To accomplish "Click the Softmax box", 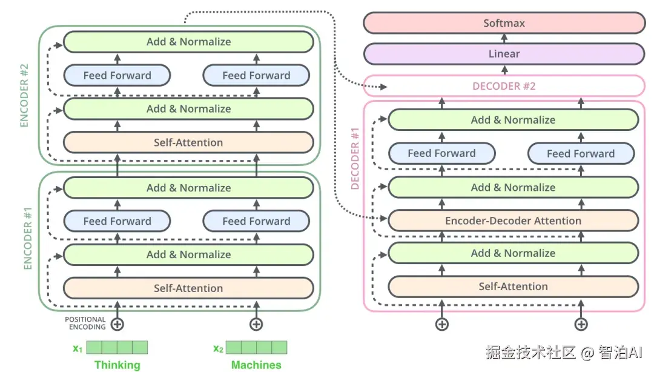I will [504, 23].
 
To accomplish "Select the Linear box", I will [504, 54].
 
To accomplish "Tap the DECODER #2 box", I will [504, 86].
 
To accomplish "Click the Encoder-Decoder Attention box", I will [513, 221].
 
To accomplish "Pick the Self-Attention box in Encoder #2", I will [188, 143].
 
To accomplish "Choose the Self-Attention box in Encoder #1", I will [188, 288].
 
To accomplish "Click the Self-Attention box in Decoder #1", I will [513, 287].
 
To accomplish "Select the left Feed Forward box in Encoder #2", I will [117, 76].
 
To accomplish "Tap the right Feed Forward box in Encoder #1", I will [256, 221].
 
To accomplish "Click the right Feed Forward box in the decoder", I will [581, 154].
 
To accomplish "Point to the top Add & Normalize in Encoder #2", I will [188, 42].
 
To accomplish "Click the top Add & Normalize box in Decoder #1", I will [513, 120].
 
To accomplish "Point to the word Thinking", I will [117, 365].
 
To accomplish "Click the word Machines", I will [256, 365].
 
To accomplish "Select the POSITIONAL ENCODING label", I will [85, 323].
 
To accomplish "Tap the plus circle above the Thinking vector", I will [117, 324].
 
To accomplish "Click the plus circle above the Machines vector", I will [256, 324].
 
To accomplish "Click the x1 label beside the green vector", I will [77, 348].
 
